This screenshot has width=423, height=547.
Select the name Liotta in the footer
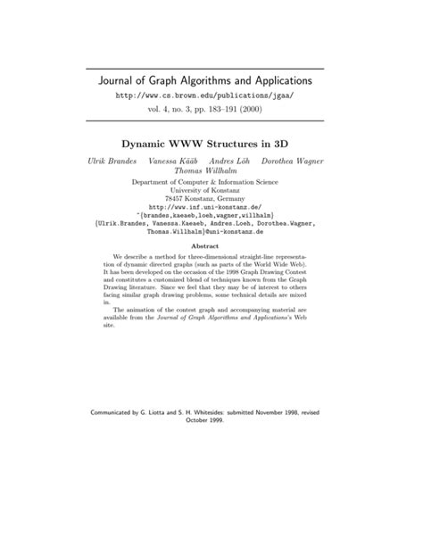pyautogui.click(x=178, y=412)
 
